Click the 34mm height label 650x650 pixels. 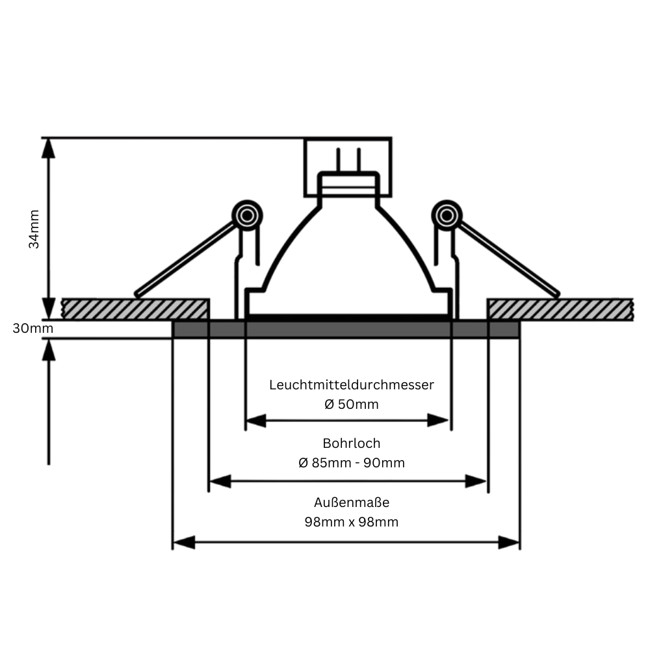(x=34, y=228)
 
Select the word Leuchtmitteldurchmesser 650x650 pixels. (x=351, y=385)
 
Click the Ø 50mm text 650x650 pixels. (x=351, y=404)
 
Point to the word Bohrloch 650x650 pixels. (x=351, y=443)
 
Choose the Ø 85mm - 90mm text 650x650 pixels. (x=351, y=463)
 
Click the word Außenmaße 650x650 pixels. (x=351, y=502)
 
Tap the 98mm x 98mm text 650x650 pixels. (x=351, y=522)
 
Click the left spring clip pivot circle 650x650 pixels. (x=247, y=214)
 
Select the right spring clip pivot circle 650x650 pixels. (x=447, y=214)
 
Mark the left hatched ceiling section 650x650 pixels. (x=135, y=309)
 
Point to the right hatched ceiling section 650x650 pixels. (x=560, y=309)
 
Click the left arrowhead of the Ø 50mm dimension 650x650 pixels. (x=256, y=421)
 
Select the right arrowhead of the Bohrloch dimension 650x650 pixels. (x=476, y=482)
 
